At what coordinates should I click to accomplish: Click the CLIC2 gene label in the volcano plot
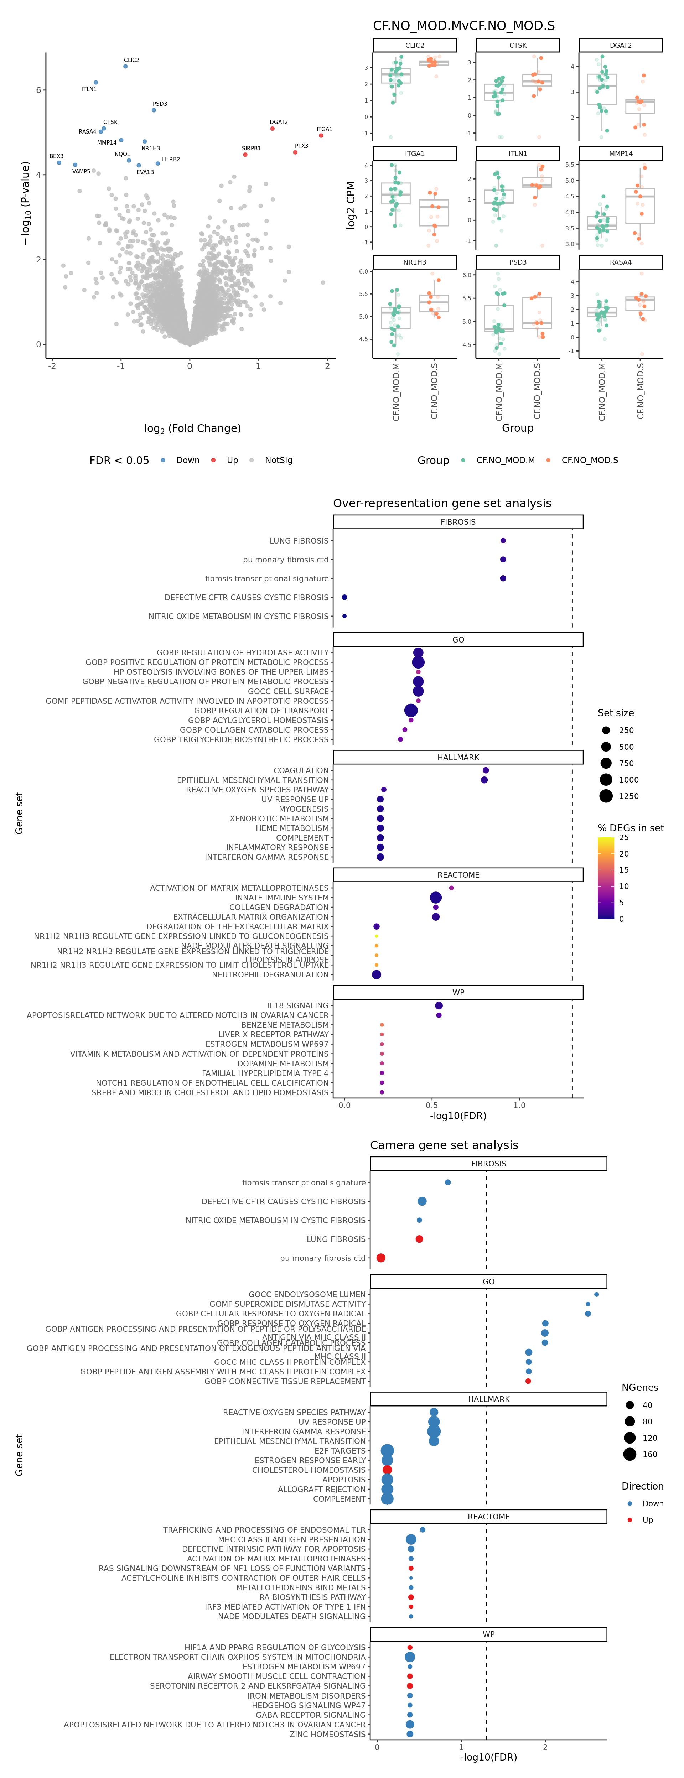(131, 60)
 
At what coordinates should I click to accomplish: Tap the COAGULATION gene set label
(301, 770)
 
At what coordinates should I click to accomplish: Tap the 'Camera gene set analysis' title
(444, 1145)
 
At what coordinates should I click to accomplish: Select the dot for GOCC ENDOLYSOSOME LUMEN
(596, 1294)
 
